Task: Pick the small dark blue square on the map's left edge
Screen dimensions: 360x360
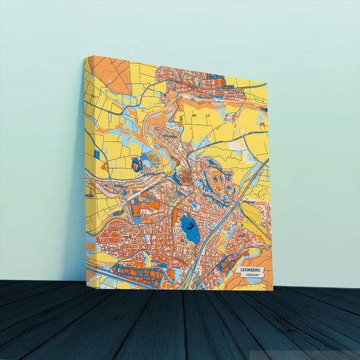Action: click(96, 155)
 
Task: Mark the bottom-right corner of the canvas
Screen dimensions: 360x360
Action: click(273, 290)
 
